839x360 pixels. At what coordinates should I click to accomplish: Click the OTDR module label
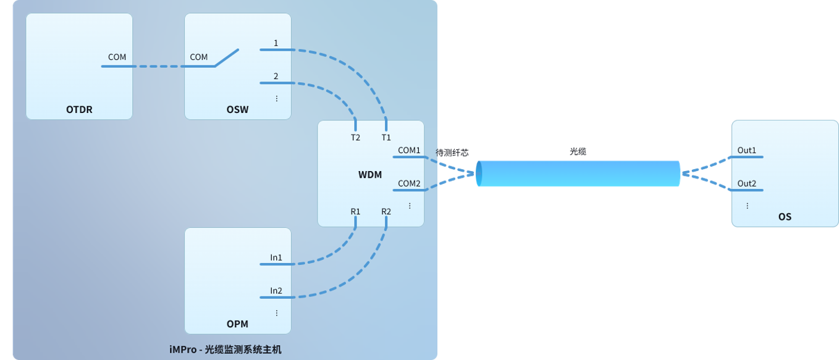(x=79, y=109)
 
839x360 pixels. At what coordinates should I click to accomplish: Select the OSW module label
(x=237, y=109)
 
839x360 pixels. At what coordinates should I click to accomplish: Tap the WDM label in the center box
(x=370, y=174)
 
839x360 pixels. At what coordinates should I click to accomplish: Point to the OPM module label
(x=237, y=324)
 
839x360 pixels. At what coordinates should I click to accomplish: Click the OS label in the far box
(x=785, y=217)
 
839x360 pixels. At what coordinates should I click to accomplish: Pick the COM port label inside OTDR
(x=117, y=57)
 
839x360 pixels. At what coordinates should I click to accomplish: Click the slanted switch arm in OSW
(x=227, y=57)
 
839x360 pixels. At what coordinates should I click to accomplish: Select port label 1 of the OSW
(x=276, y=43)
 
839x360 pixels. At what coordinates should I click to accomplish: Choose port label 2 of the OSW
(x=276, y=77)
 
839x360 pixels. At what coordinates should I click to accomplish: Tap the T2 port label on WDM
(x=355, y=137)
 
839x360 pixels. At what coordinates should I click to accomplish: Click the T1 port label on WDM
(x=386, y=137)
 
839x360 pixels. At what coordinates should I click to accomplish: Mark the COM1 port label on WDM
(x=409, y=150)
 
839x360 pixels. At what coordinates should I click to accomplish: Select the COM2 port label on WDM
(x=409, y=183)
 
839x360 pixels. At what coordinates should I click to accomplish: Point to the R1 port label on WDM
(x=355, y=211)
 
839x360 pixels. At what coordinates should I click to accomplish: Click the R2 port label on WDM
(x=386, y=211)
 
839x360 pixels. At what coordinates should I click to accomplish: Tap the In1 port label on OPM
(x=276, y=257)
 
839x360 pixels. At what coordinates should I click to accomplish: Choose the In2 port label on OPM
(x=276, y=290)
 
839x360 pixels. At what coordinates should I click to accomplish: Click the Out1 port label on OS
(x=747, y=150)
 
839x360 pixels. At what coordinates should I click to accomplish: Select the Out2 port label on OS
(x=747, y=183)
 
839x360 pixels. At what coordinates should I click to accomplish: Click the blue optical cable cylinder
(x=578, y=174)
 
